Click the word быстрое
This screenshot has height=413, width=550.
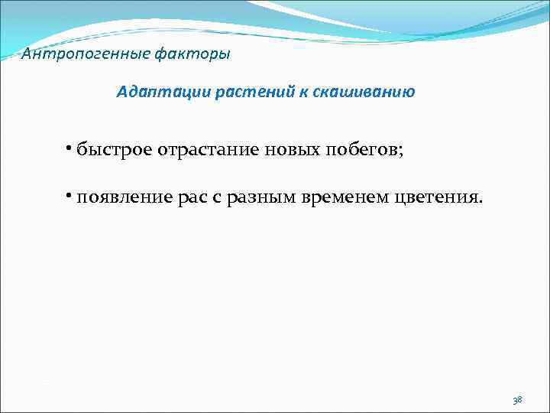click(115, 148)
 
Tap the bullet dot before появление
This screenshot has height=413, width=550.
click(69, 197)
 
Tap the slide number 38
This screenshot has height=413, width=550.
click(517, 399)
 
